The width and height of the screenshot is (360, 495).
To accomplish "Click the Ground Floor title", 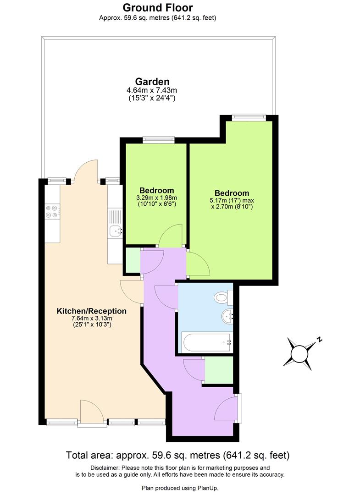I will [158, 8].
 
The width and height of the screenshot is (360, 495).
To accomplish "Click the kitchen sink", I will [115, 231].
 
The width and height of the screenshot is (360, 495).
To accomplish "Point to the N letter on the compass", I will [320, 340].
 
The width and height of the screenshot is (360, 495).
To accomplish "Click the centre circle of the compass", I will [300, 354].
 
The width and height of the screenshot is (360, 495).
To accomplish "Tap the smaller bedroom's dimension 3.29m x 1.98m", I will [156, 198].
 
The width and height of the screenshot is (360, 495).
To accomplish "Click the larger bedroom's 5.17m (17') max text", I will [232, 200].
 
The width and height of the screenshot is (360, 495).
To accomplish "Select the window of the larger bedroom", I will [249, 118].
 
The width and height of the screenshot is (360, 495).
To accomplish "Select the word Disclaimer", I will [104, 467].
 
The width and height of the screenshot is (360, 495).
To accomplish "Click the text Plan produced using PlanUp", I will [180, 487].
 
